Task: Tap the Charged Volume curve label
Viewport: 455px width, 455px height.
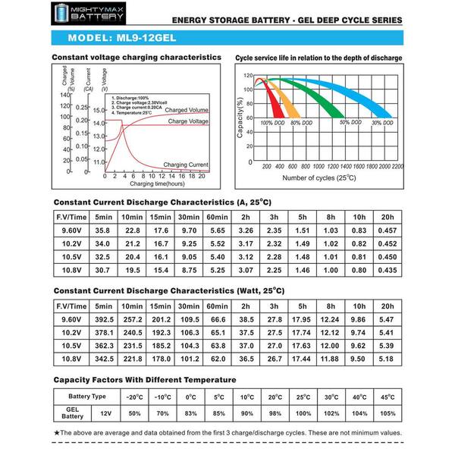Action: coord(187,111)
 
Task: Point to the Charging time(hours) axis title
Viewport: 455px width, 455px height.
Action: coord(158,184)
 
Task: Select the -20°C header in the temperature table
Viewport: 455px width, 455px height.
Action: coord(133,397)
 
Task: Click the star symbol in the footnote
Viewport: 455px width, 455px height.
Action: coord(57,431)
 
